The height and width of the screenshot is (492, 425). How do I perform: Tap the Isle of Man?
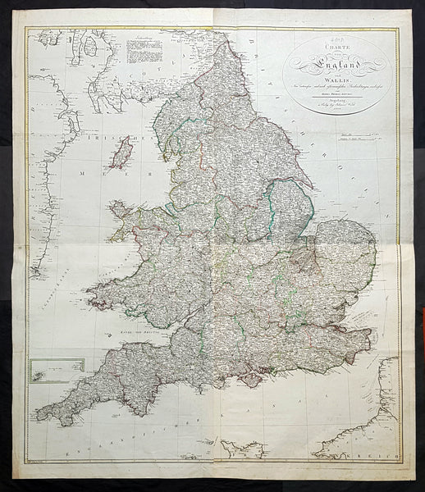click(x=121, y=153)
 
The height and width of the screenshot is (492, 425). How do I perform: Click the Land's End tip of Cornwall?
click(x=40, y=420)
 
